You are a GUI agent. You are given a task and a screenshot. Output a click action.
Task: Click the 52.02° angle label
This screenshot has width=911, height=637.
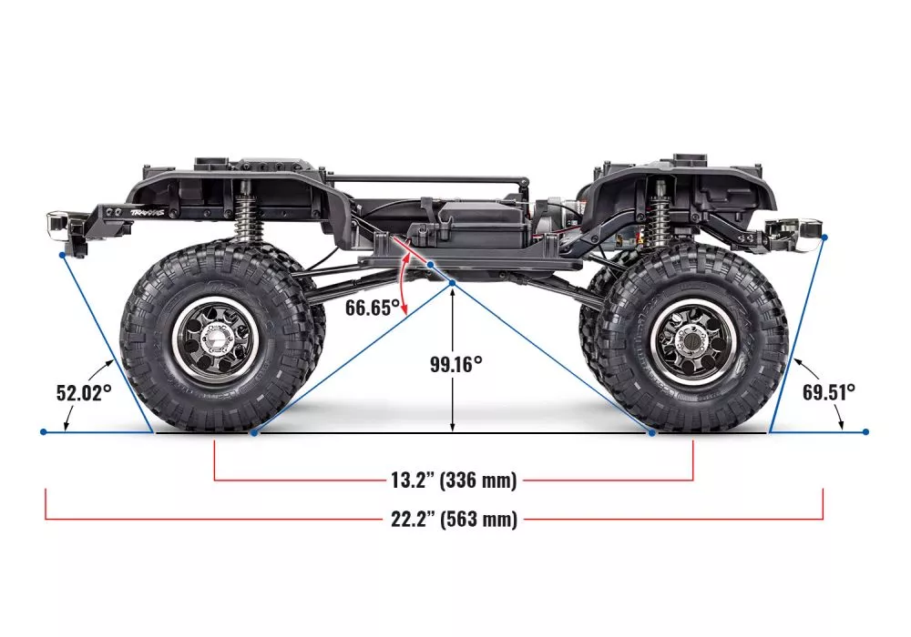(84, 392)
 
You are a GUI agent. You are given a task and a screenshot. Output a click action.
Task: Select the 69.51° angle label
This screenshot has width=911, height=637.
(829, 392)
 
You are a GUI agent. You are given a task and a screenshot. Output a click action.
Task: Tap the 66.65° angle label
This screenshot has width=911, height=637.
(373, 307)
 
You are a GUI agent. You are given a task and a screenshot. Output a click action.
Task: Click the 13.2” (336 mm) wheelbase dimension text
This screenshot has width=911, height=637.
(454, 479)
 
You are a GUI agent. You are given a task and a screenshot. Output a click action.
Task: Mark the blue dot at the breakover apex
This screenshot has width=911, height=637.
(453, 284)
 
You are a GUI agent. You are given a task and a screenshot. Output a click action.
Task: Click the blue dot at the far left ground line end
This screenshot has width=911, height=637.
(44, 431)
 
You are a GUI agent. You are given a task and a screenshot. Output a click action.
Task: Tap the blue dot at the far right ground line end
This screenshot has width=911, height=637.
(865, 431)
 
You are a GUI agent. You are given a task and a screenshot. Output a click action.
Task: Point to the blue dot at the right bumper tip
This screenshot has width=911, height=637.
(824, 238)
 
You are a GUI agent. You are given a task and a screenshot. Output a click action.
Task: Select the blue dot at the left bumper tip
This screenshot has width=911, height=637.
(63, 254)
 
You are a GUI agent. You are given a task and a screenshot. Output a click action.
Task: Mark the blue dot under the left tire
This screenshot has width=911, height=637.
(253, 431)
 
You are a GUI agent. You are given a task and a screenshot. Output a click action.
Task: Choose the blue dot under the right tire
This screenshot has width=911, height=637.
(651, 431)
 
